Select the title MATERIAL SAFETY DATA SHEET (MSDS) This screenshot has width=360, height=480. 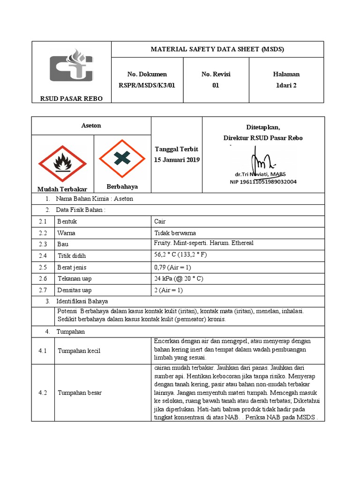[x=217, y=49]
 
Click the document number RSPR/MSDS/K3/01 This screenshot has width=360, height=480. [x=147, y=85]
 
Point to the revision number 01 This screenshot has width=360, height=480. [x=216, y=85]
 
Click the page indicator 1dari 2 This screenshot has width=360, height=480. [x=286, y=85]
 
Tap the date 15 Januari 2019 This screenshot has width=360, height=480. [x=177, y=160]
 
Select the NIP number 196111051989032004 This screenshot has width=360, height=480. [x=263, y=182]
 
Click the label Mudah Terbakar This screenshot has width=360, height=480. [x=62, y=189]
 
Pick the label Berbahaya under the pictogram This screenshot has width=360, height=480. [x=122, y=187]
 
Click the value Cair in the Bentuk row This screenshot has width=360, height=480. [x=160, y=221]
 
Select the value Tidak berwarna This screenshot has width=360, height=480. [x=175, y=233]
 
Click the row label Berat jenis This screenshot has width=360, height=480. [x=72, y=268]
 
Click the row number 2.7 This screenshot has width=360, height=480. [x=43, y=291]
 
